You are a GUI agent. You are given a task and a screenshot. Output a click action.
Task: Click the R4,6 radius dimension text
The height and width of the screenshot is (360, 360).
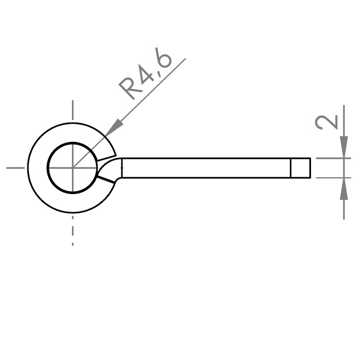coord(145,74)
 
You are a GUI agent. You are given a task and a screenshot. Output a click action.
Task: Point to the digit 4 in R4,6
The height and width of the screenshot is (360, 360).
coord(145,73)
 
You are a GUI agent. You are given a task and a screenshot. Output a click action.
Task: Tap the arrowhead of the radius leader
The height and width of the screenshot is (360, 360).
coord(113,128)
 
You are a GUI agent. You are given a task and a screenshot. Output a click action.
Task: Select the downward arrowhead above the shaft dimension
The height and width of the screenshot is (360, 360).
coord(344,147)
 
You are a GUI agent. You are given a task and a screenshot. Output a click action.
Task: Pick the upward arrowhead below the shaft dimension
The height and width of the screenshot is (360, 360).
coord(344,189)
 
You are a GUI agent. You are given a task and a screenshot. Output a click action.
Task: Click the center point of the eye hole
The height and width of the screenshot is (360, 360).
coord(72,168)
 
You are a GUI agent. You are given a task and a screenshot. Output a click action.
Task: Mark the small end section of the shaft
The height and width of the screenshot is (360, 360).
coord(301,168)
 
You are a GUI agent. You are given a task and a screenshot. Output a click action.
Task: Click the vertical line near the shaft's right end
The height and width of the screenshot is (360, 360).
coord(291,168)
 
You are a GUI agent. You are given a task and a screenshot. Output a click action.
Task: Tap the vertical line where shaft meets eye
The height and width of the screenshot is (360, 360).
coord(121,168)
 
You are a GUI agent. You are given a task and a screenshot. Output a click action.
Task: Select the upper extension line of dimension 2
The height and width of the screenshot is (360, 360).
coord(333,158)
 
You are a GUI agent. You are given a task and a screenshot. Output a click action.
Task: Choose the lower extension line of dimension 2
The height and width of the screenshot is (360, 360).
coord(333,178)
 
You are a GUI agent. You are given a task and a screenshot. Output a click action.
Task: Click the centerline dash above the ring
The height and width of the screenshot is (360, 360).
coord(72,110)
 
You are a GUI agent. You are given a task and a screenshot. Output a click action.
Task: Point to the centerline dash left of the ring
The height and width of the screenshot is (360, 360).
coord(15,168)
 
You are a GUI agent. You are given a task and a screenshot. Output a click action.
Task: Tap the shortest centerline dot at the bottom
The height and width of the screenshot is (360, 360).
coord(72,244)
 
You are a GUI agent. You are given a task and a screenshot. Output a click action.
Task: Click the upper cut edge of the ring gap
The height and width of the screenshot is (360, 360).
coord(106,157)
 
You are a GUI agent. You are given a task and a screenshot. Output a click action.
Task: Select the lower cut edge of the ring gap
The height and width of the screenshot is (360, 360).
coord(106,180)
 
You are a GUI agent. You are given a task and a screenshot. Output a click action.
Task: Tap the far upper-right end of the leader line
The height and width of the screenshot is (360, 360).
coord(185,59)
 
